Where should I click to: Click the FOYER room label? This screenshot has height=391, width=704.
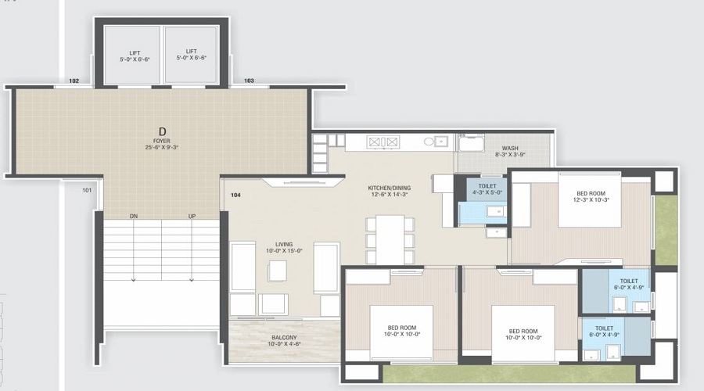(162, 141)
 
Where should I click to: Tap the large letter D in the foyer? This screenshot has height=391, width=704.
(163, 131)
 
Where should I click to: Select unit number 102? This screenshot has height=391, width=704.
(74, 81)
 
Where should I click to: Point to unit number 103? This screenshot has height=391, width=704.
(250, 81)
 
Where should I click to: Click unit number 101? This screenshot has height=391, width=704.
(87, 190)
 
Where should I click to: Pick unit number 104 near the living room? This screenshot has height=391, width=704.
(235, 195)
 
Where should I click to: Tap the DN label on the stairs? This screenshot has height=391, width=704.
(133, 217)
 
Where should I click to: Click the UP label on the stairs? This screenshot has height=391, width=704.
(192, 217)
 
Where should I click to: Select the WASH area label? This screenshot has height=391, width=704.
(510, 148)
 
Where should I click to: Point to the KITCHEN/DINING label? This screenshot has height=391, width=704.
(390, 188)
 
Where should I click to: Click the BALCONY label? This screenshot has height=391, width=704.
(284, 338)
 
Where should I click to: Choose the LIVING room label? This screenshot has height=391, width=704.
(284, 245)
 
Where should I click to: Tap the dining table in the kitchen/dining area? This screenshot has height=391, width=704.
(390, 239)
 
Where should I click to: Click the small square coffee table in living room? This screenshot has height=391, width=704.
(278, 271)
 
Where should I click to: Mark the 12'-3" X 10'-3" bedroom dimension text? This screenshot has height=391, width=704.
(591, 199)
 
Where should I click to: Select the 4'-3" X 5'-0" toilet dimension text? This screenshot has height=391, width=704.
(487, 192)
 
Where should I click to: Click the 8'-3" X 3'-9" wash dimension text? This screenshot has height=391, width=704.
(510, 154)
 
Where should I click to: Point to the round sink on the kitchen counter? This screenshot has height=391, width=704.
(429, 142)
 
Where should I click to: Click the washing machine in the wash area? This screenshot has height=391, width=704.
(471, 143)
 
